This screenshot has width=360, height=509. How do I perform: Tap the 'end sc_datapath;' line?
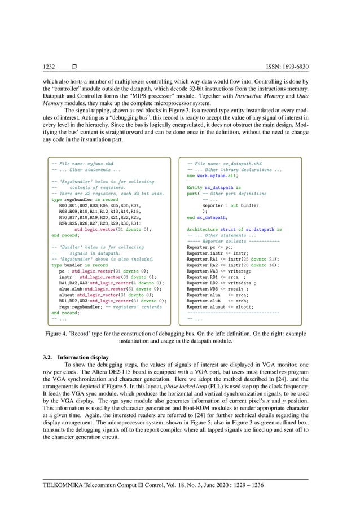(x=208, y=217)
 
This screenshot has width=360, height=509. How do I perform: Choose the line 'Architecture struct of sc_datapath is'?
(x=234, y=229)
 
